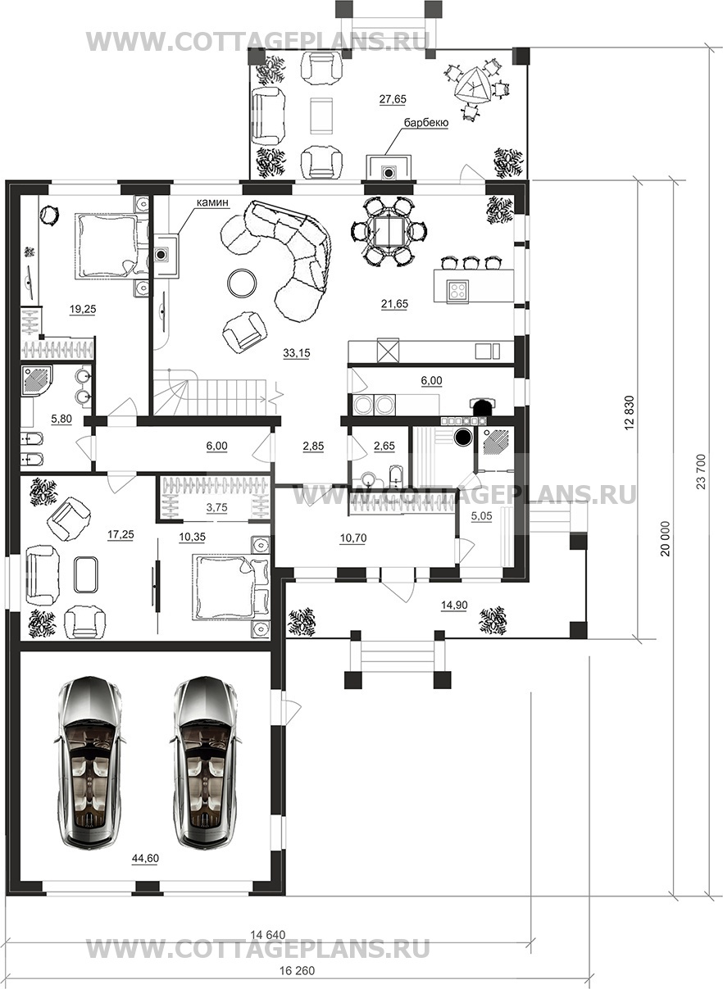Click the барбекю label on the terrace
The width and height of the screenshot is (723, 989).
426,123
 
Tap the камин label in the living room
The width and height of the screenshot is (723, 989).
213,202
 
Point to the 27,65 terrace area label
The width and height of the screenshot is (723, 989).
393,99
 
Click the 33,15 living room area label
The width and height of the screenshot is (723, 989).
297,353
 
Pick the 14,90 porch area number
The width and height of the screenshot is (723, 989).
454,605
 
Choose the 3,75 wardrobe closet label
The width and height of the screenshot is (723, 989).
217,507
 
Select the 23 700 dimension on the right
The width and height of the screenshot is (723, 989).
702,471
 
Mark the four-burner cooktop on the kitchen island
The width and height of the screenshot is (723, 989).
457,290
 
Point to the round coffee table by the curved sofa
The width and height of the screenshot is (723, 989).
242,283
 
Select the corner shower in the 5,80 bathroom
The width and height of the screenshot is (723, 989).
38,379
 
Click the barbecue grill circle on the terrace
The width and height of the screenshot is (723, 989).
389,172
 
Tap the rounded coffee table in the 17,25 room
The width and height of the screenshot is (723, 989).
86,574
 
